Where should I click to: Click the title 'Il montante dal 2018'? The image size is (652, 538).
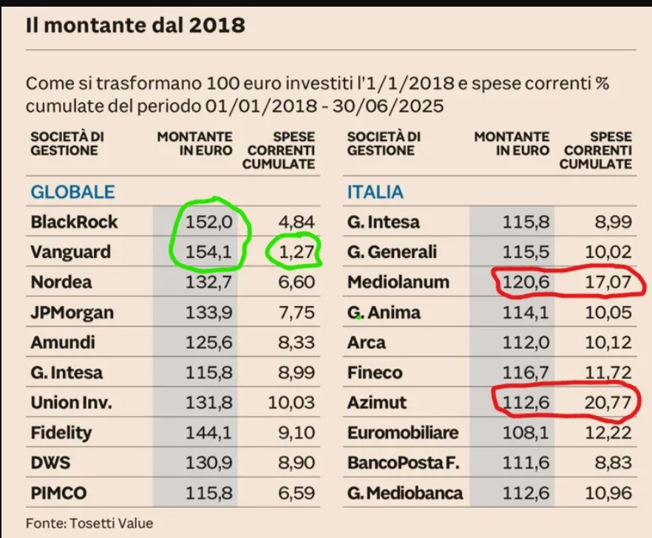click(135, 25)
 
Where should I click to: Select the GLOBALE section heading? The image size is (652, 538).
click(72, 192)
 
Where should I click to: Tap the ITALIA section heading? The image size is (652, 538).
click(376, 192)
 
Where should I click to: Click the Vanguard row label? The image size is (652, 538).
click(70, 252)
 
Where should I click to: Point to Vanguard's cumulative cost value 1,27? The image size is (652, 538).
click(296, 252)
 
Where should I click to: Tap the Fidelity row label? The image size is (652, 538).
click(61, 432)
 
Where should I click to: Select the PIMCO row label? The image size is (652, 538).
click(59, 493)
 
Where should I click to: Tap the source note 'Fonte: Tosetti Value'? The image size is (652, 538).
click(89, 523)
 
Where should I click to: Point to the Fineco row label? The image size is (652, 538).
click(375, 372)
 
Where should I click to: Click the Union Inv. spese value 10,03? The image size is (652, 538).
click(293, 403)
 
